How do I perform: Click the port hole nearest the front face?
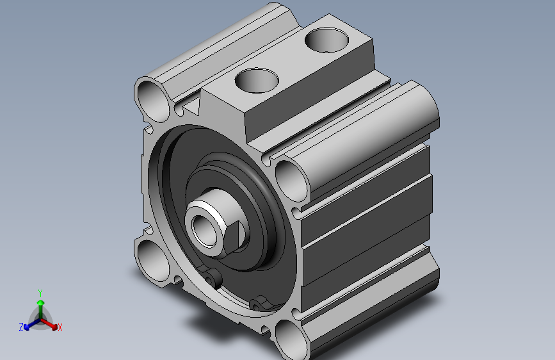click(x=257, y=81)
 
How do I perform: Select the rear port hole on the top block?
click(x=326, y=40)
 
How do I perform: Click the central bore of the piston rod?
click(x=204, y=231)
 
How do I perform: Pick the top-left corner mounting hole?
click(x=153, y=99)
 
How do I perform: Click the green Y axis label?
click(x=40, y=293)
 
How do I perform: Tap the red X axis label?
click(x=60, y=328)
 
